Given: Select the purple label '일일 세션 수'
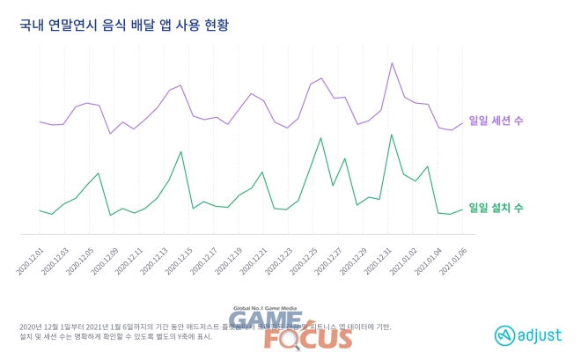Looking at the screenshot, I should (496, 120).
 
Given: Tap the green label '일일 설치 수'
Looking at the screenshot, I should (496, 208).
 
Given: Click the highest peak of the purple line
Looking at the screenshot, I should (392, 62).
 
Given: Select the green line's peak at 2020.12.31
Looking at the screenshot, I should (391, 135).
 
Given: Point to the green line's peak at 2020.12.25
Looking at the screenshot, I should (320, 137).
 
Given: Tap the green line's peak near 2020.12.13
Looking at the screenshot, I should (180, 151).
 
